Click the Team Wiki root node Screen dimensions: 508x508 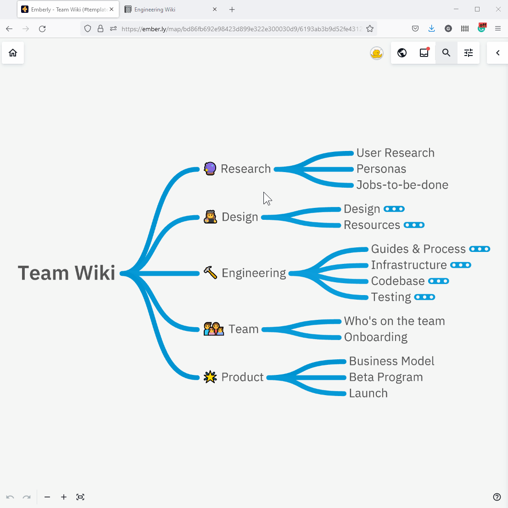67,273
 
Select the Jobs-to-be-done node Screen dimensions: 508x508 402,185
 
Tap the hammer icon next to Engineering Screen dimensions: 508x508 210,273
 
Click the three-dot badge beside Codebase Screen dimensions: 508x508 438,281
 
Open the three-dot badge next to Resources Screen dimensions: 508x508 414,225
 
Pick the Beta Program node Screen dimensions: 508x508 385,377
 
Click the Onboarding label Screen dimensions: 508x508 375,337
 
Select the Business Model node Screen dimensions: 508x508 391,361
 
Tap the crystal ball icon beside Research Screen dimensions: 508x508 210,169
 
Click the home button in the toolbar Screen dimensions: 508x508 13,53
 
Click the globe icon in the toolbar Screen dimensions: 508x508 402,53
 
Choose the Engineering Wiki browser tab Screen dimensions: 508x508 155,10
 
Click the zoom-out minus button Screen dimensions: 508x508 47,497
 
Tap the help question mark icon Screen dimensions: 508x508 497,497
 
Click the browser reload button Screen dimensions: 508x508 42,29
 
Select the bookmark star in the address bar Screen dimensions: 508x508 370,29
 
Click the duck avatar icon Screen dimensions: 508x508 377,53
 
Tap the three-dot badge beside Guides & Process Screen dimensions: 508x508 480,249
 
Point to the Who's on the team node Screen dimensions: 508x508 394,321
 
